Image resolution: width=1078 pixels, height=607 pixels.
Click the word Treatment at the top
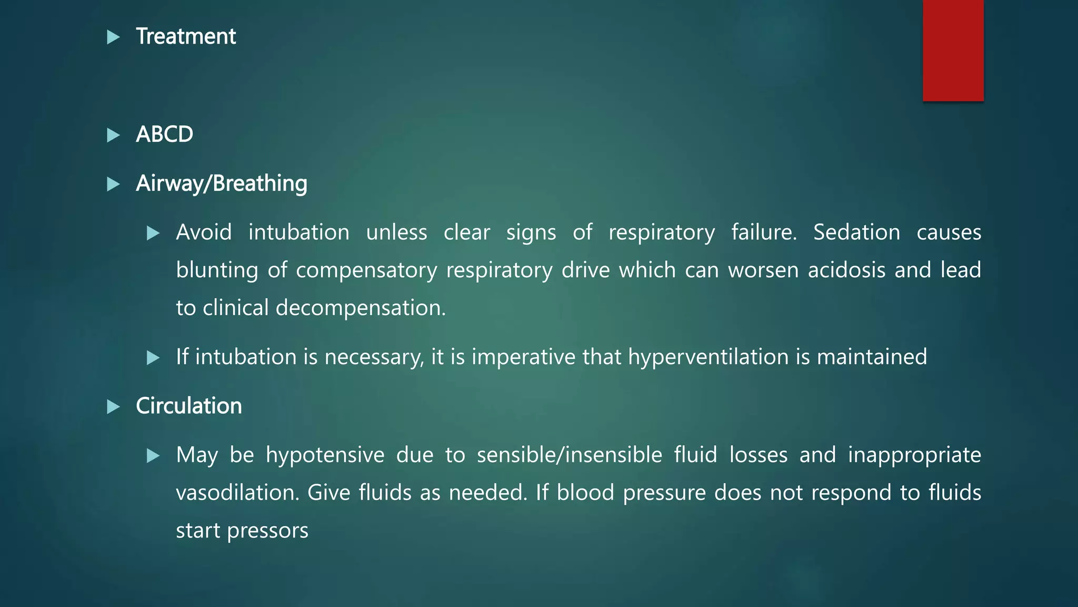click(x=186, y=36)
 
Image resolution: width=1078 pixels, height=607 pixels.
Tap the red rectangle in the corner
click(x=953, y=50)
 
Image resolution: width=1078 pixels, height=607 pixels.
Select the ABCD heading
click(x=164, y=134)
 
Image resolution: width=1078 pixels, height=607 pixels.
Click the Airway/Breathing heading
click(x=221, y=183)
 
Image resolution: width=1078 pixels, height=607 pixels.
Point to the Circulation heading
click(x=188, y=406)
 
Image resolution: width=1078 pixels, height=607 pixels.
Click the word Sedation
click(x=856, y=232)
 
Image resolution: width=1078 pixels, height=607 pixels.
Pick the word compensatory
click(x=366, y=270)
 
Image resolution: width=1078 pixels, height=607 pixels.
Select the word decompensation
click(x=361, y=308)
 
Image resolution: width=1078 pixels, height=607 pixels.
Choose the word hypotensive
click(x=325, y=455)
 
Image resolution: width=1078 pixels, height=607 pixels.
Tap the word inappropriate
click(x=914, y=455)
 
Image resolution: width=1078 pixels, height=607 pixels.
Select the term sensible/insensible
click(x=569, y=455)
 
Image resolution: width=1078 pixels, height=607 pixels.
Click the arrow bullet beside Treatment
click(x=113, y=37)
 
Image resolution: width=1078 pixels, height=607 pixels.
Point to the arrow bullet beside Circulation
click(x=113, y=407)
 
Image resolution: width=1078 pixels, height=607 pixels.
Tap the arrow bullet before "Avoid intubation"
click(x=153, y=233)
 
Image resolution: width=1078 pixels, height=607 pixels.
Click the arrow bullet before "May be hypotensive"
click(x=153, y=455)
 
